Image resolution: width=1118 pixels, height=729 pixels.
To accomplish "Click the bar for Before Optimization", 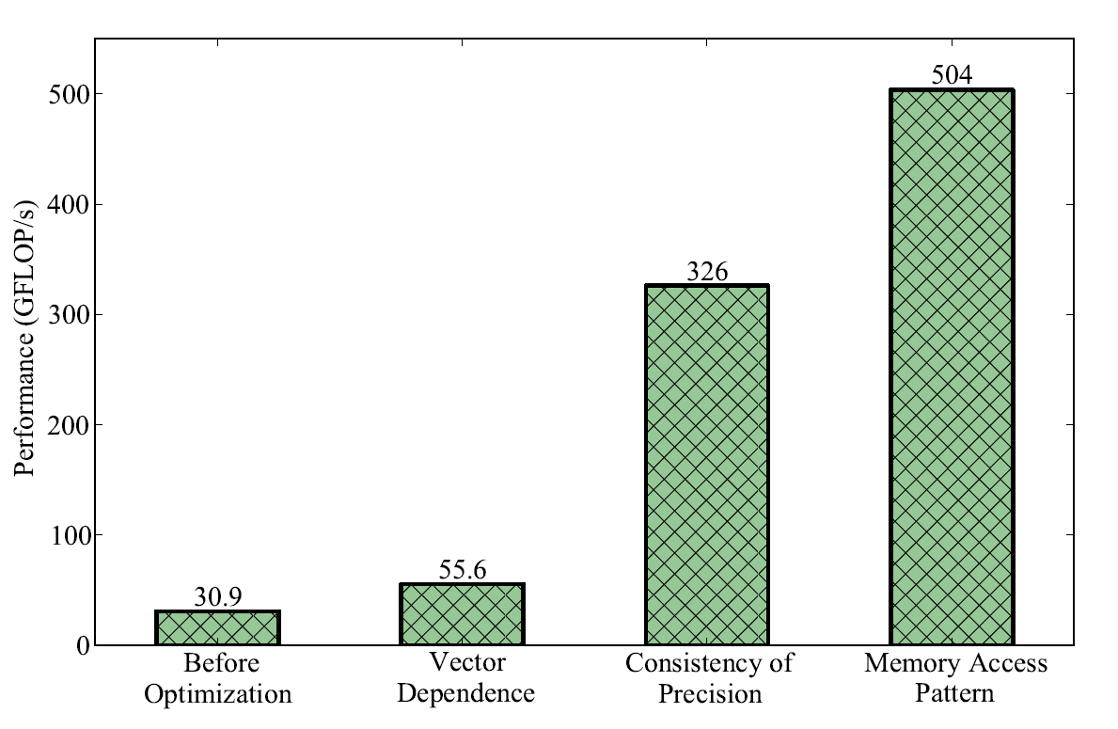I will [x=217, y=628].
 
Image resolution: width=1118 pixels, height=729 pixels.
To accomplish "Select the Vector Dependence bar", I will [x=462, y=614].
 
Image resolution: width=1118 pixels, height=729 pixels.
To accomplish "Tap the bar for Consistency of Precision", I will [x=707, y=466].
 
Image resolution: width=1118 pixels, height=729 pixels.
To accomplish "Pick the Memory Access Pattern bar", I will [x=952, y=367].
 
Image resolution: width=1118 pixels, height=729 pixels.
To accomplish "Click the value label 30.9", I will [x=217, y=598].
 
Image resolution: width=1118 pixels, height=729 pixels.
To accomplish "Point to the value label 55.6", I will [x=462, y=571].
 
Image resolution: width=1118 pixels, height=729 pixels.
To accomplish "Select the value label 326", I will [x=707, y=272].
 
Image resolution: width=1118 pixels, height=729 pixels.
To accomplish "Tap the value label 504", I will [x=952, y=76].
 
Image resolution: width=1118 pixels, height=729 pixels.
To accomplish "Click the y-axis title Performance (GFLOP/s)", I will [x=24, y=339].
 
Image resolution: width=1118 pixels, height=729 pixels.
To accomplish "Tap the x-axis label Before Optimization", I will [x=222, y=679].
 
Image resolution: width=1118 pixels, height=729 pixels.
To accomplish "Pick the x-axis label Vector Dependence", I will [x=466, y=679].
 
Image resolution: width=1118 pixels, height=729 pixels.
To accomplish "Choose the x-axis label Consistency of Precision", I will [x=710, y=679].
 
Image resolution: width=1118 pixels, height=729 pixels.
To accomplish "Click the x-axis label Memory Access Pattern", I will [x=955, y=679].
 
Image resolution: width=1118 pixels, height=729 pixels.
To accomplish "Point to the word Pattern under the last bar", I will [x=955, y=696].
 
